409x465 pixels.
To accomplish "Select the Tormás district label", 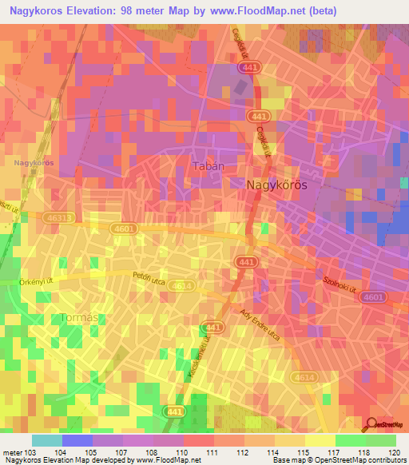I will click(x=80, y=318).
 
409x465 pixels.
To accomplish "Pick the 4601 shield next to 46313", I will click(x=102, y=228).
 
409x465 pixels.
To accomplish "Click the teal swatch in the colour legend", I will click(x=46, y=440).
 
